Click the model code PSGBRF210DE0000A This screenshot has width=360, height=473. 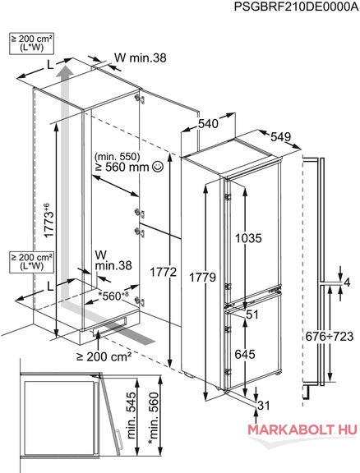[296, 7]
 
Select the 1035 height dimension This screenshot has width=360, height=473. [248, 238]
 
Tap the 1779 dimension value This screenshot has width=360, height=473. [202, 278]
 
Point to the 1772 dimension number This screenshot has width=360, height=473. [163, 273]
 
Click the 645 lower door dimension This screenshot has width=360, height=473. [245, 354]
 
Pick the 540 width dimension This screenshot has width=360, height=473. [208, 123]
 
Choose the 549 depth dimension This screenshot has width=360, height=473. [280, 136]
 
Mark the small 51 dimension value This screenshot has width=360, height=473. [252, 315]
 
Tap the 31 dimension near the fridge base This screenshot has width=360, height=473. [263, 406]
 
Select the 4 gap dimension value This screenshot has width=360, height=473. [347, 282]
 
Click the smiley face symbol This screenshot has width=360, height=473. [158, 166]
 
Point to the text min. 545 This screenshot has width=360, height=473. [132, 416]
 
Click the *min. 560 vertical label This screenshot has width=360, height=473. [153, 418]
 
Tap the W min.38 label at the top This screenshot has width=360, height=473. [141, 57]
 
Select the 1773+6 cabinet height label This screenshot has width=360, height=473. [48, 220]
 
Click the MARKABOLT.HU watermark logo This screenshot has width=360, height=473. [302, 429]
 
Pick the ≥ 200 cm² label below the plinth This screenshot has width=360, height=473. [104, 357]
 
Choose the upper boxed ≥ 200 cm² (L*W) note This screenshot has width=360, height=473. [32, 44]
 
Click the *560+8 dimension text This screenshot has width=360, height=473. [112, 296]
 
